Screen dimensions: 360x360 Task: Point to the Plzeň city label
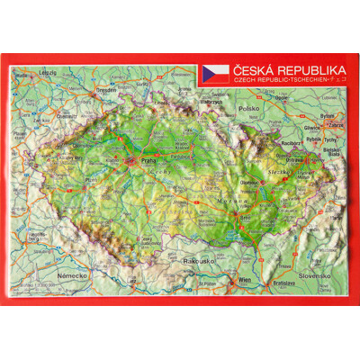tap(90, 180)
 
